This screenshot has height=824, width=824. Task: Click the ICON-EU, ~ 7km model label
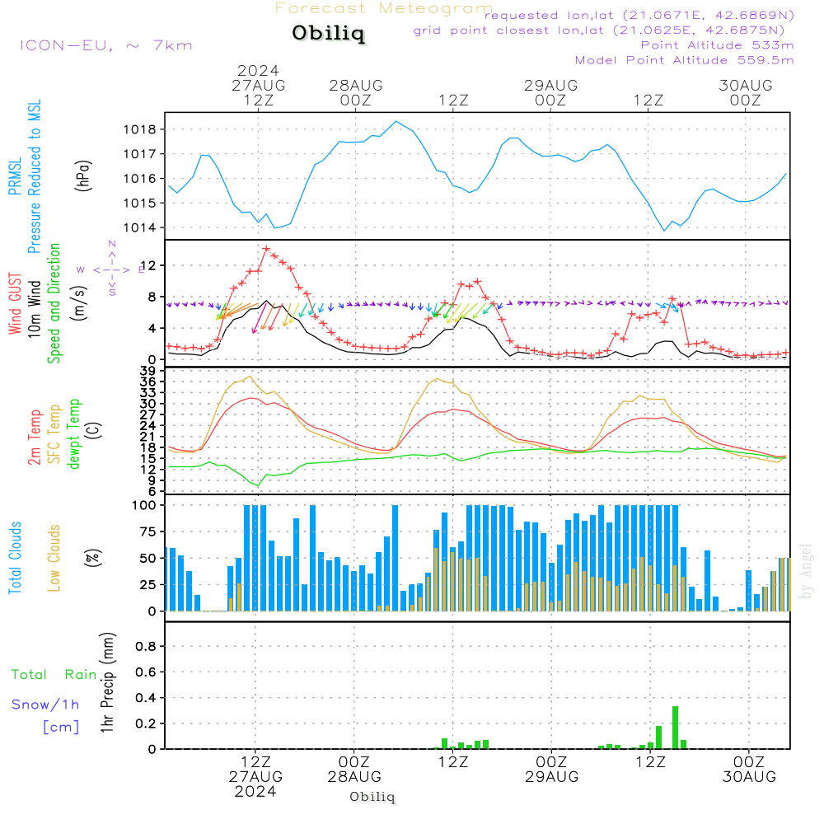106,45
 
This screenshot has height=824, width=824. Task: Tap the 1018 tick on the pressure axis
141,129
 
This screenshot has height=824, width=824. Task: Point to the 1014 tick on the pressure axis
141,227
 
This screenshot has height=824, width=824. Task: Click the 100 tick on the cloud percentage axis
145,505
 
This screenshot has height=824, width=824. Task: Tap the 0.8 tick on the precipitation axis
146,647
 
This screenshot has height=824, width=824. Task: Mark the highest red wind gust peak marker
266,248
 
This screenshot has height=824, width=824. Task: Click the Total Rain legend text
54,675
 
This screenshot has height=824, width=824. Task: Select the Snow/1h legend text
46,705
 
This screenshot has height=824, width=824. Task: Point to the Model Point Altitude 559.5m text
684,60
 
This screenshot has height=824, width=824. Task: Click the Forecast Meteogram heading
384,9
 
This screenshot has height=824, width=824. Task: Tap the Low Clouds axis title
55,557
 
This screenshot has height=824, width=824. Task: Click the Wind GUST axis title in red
16,306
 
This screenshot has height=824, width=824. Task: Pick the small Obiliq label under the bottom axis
372,797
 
